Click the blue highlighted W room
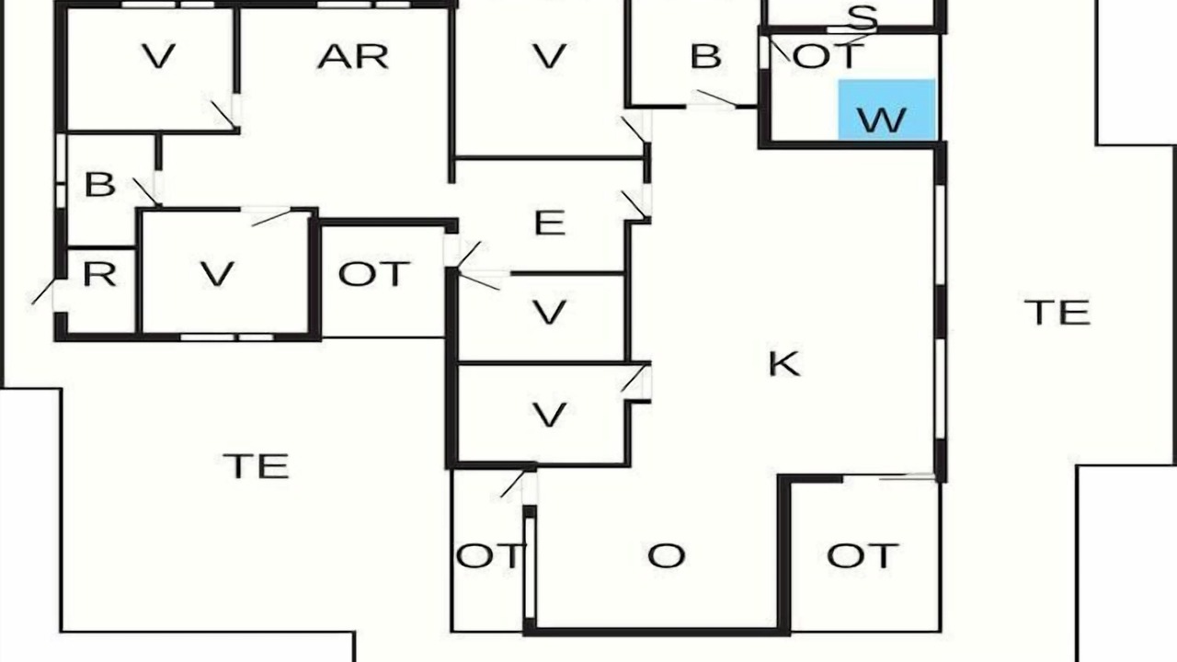(886, 109)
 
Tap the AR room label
(353, 57)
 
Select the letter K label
(784, 363)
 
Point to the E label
(550, 223)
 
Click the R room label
(100, 274)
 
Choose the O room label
(667, 556)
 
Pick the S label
(863, 17)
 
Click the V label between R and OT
(218, 274)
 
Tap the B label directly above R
(100, 185)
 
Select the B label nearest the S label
(705, 57)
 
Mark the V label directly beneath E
(550, 314)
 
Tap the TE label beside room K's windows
(1057, 314)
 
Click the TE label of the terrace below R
(256, 466)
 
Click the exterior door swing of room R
(42, 291)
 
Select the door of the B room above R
(146, 192)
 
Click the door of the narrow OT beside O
(513, 484)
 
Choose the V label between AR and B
(550, 57)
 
